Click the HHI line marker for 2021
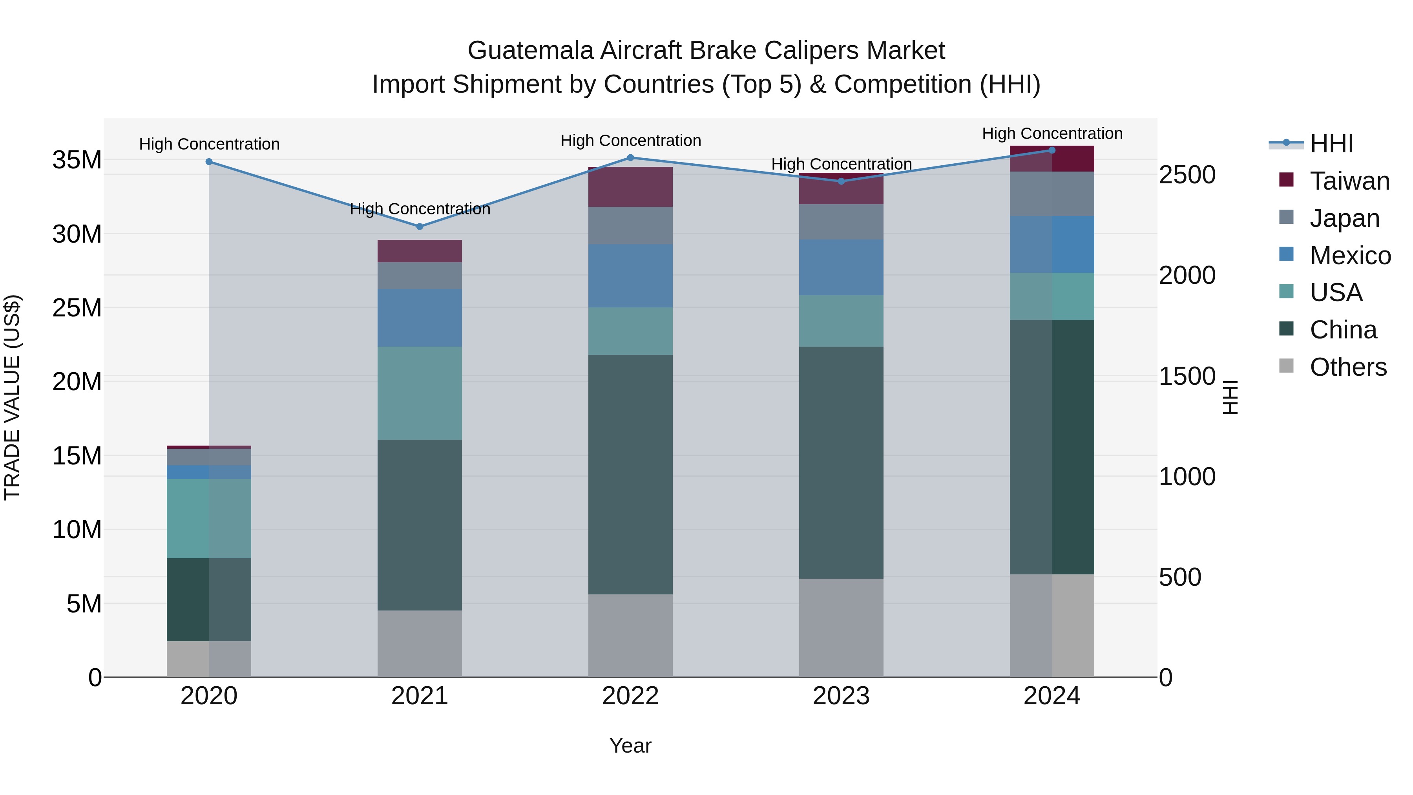[420, 227]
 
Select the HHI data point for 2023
[842, 181]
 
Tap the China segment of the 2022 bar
[630, 475]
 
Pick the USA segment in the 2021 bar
[420, 393]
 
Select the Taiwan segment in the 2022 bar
[630, 187]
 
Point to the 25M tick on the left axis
[77, 308]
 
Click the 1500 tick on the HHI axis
[1187, 376]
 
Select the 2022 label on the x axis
[630, 696]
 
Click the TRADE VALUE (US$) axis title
[12, 397]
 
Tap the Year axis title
[630, 746]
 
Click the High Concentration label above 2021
[420, 209]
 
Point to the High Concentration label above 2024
[1052, 133]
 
